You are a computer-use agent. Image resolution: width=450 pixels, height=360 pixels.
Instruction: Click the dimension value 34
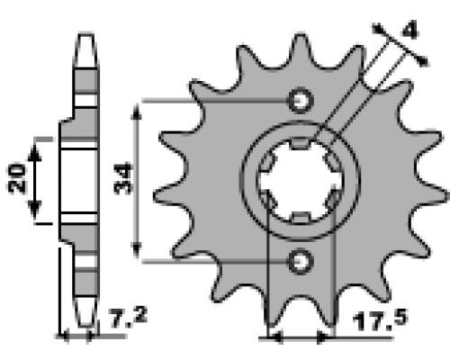point(123,178)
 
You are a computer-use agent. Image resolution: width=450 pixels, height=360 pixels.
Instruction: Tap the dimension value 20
point(16,178)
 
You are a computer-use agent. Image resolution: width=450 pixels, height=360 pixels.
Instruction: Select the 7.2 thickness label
point(129,317)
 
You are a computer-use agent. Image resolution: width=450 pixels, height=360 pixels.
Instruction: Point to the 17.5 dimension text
point(381,320)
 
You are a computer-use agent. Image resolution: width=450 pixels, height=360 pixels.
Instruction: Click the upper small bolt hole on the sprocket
point(301,100)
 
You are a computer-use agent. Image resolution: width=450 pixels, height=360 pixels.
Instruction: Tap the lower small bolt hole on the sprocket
point(301,262)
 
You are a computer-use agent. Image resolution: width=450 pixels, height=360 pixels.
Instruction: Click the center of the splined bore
point(300,180)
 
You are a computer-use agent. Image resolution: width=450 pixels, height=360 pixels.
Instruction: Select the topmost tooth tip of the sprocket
point(301,35)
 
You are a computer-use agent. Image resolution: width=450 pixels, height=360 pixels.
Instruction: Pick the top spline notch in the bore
point(301,143)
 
